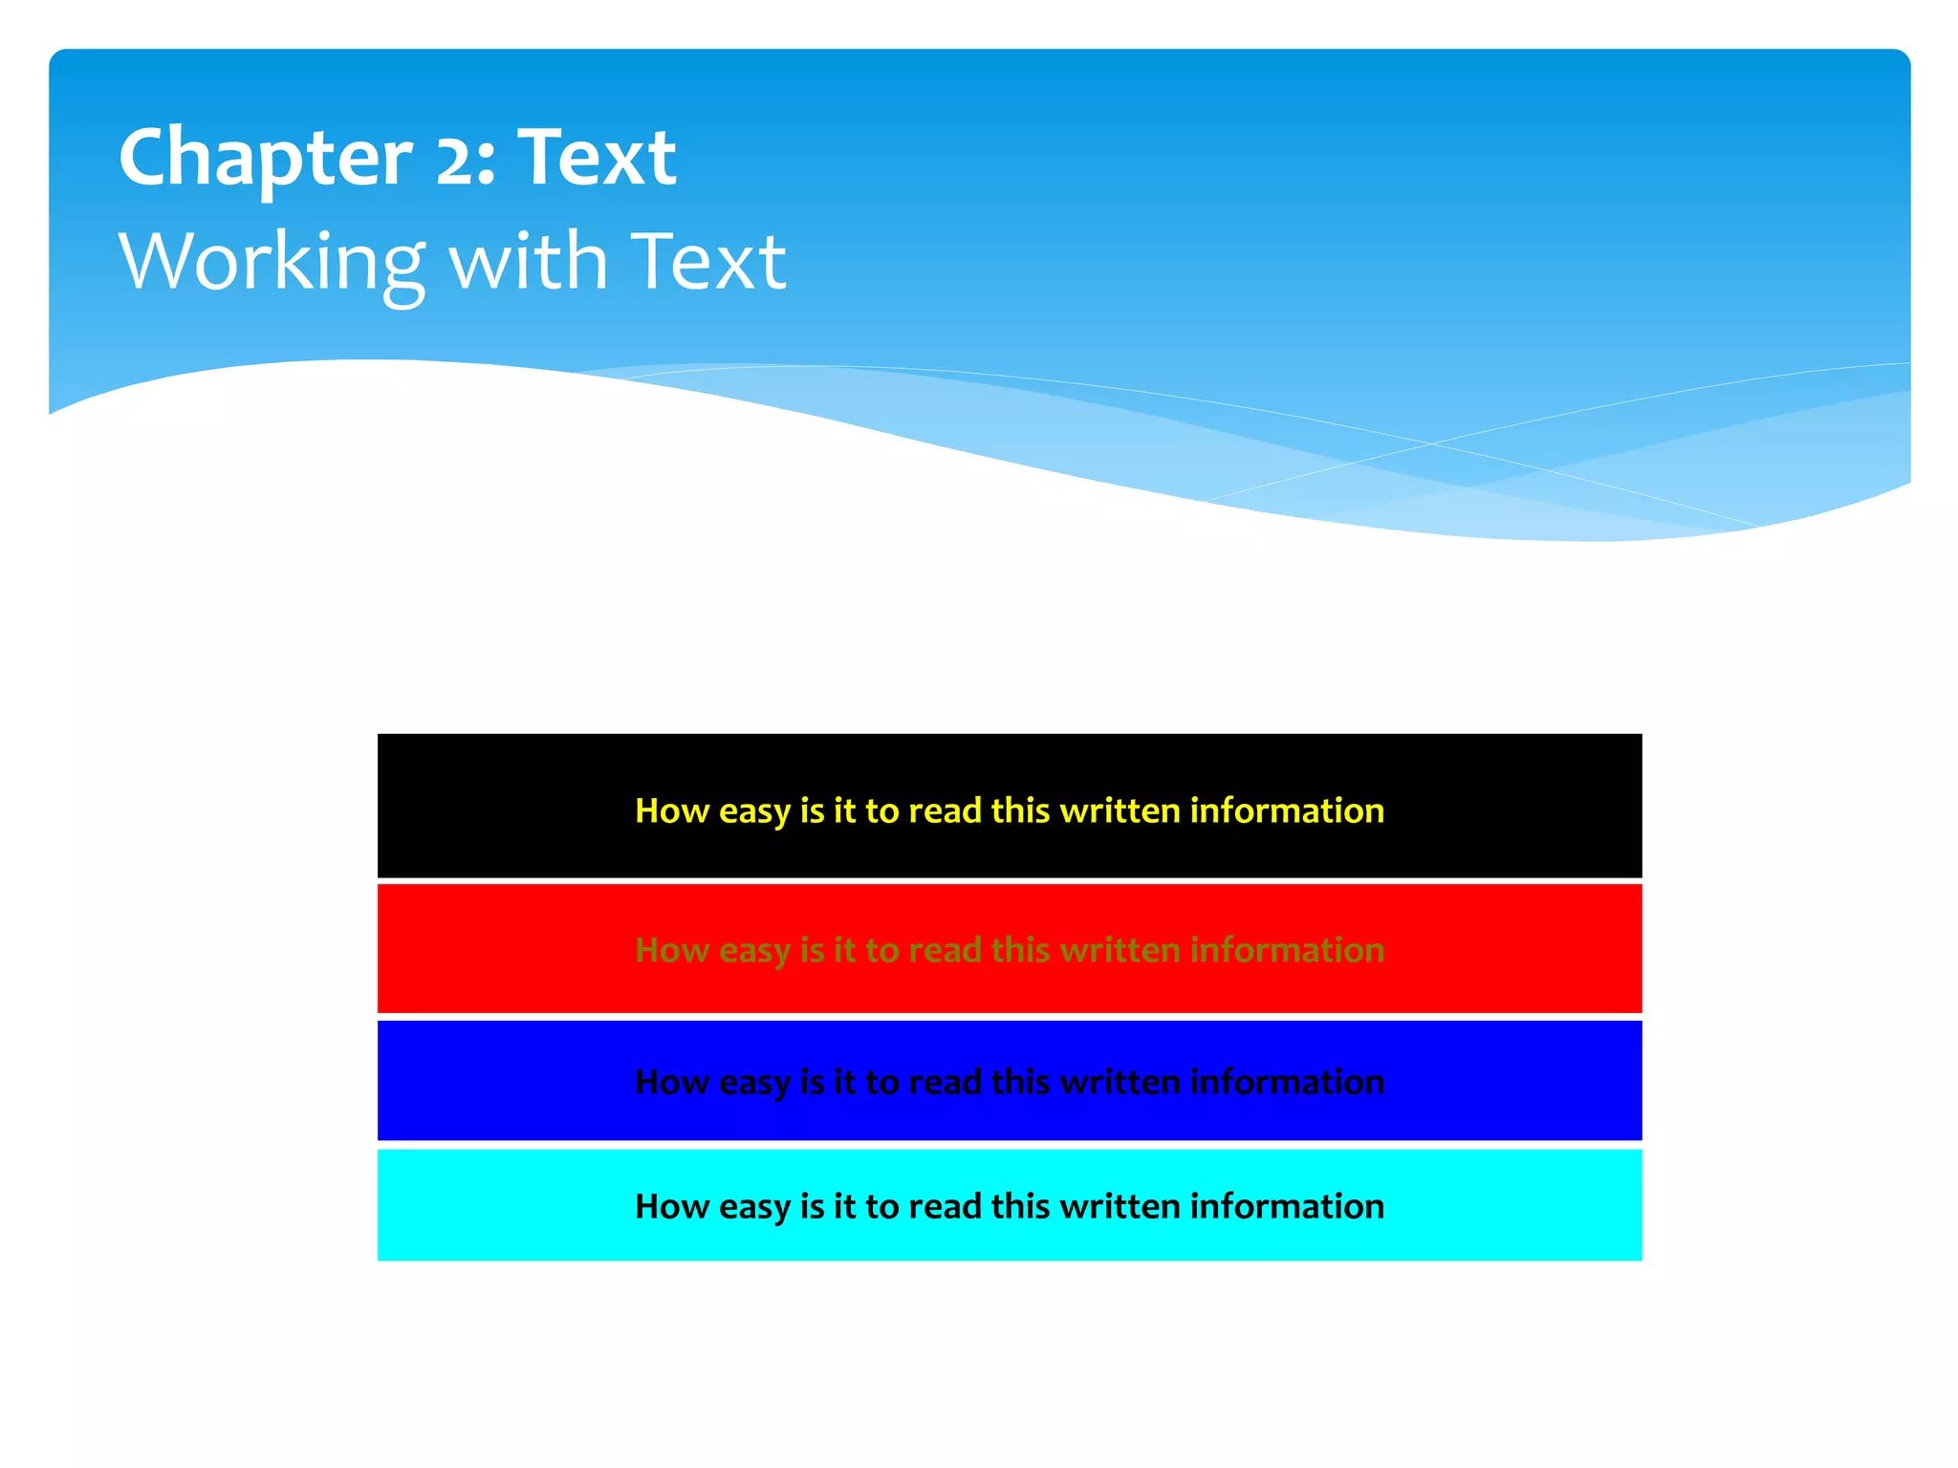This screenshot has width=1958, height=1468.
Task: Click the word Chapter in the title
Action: point(265,158)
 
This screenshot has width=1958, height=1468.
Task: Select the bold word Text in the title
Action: point(597,158)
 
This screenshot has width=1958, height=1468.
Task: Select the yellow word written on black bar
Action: point(1120,810)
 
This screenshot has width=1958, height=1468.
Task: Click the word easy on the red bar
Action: point(754,951)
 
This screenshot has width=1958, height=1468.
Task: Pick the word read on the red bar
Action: point(945,950)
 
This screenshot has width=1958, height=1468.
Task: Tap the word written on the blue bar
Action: point(1120,1082)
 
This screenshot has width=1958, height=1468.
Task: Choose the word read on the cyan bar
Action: point(945,1206)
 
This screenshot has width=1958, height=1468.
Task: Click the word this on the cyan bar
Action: point(1020,1206)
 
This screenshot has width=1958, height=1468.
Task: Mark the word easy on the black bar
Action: point(754,812)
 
